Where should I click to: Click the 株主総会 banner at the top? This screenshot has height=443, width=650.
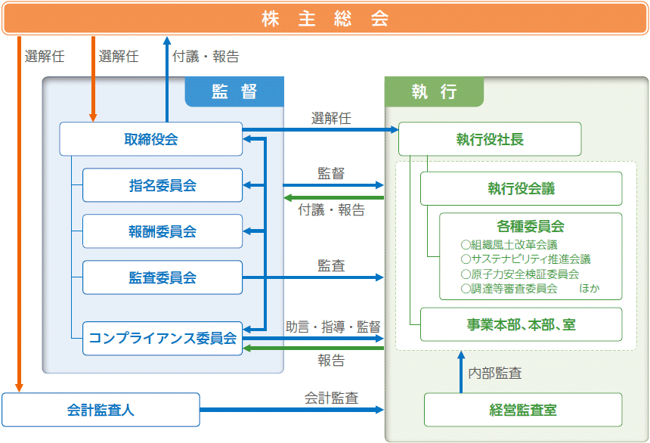(x=325, y=19)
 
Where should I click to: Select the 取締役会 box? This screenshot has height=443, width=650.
(x=151, y=139)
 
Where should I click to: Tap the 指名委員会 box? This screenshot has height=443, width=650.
(x=162, y=185)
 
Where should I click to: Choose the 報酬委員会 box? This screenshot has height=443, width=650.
(x=162, y=231)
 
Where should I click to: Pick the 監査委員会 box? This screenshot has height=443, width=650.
(x=162, y=277)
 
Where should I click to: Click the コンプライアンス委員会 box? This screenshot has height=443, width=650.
(x=162, y=339)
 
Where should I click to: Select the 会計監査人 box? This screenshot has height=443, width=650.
(x=101, y=410)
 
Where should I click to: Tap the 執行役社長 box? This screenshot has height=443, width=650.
(x=490, y=139)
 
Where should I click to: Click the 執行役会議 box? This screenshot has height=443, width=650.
(x=521, y=188)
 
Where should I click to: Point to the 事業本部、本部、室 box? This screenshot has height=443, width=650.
(x=521, y=324)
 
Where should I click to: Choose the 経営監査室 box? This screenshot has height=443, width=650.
(x=523, y=410)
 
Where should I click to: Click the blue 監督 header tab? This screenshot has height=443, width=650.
(x=234, y=91)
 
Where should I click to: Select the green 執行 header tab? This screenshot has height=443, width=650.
(x=434, y=91)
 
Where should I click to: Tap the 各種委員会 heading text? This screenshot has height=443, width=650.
(x=531, y=226)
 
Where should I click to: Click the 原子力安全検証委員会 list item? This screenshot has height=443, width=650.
(x=520, y=274)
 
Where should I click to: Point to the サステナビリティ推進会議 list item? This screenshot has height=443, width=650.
(x=525, y=259)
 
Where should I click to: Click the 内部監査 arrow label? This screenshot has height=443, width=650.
(x=495, y=373)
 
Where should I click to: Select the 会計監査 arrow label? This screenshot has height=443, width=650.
(x=331, y=398)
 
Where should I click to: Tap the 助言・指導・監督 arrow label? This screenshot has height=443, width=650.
(x=333, y=327)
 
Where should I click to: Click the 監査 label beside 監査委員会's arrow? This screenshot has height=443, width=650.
(x=331, y=265)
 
